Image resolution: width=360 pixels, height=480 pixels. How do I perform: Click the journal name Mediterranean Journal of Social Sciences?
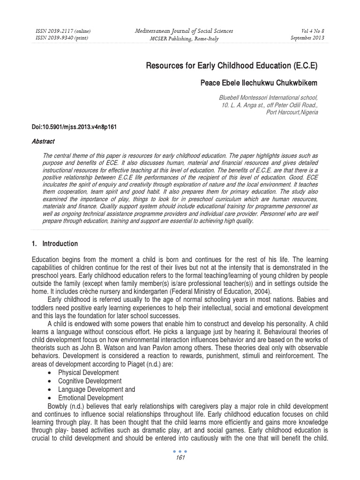tap(183, 31)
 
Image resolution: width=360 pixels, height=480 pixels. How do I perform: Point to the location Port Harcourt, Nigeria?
tap(292, 112)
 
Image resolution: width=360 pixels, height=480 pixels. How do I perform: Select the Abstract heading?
tap(43, 141)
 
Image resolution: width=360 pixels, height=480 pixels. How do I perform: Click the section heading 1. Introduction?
tap(55, 244)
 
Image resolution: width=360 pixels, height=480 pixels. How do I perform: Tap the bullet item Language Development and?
tap(96, 390)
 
